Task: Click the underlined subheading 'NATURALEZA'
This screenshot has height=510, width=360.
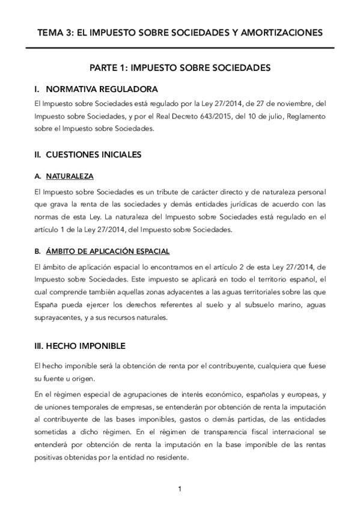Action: [x=69, y=177]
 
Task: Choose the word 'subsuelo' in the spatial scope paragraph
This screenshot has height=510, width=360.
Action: [x=248, y=307]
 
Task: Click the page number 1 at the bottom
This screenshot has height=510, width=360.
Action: [x=180, y=489]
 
